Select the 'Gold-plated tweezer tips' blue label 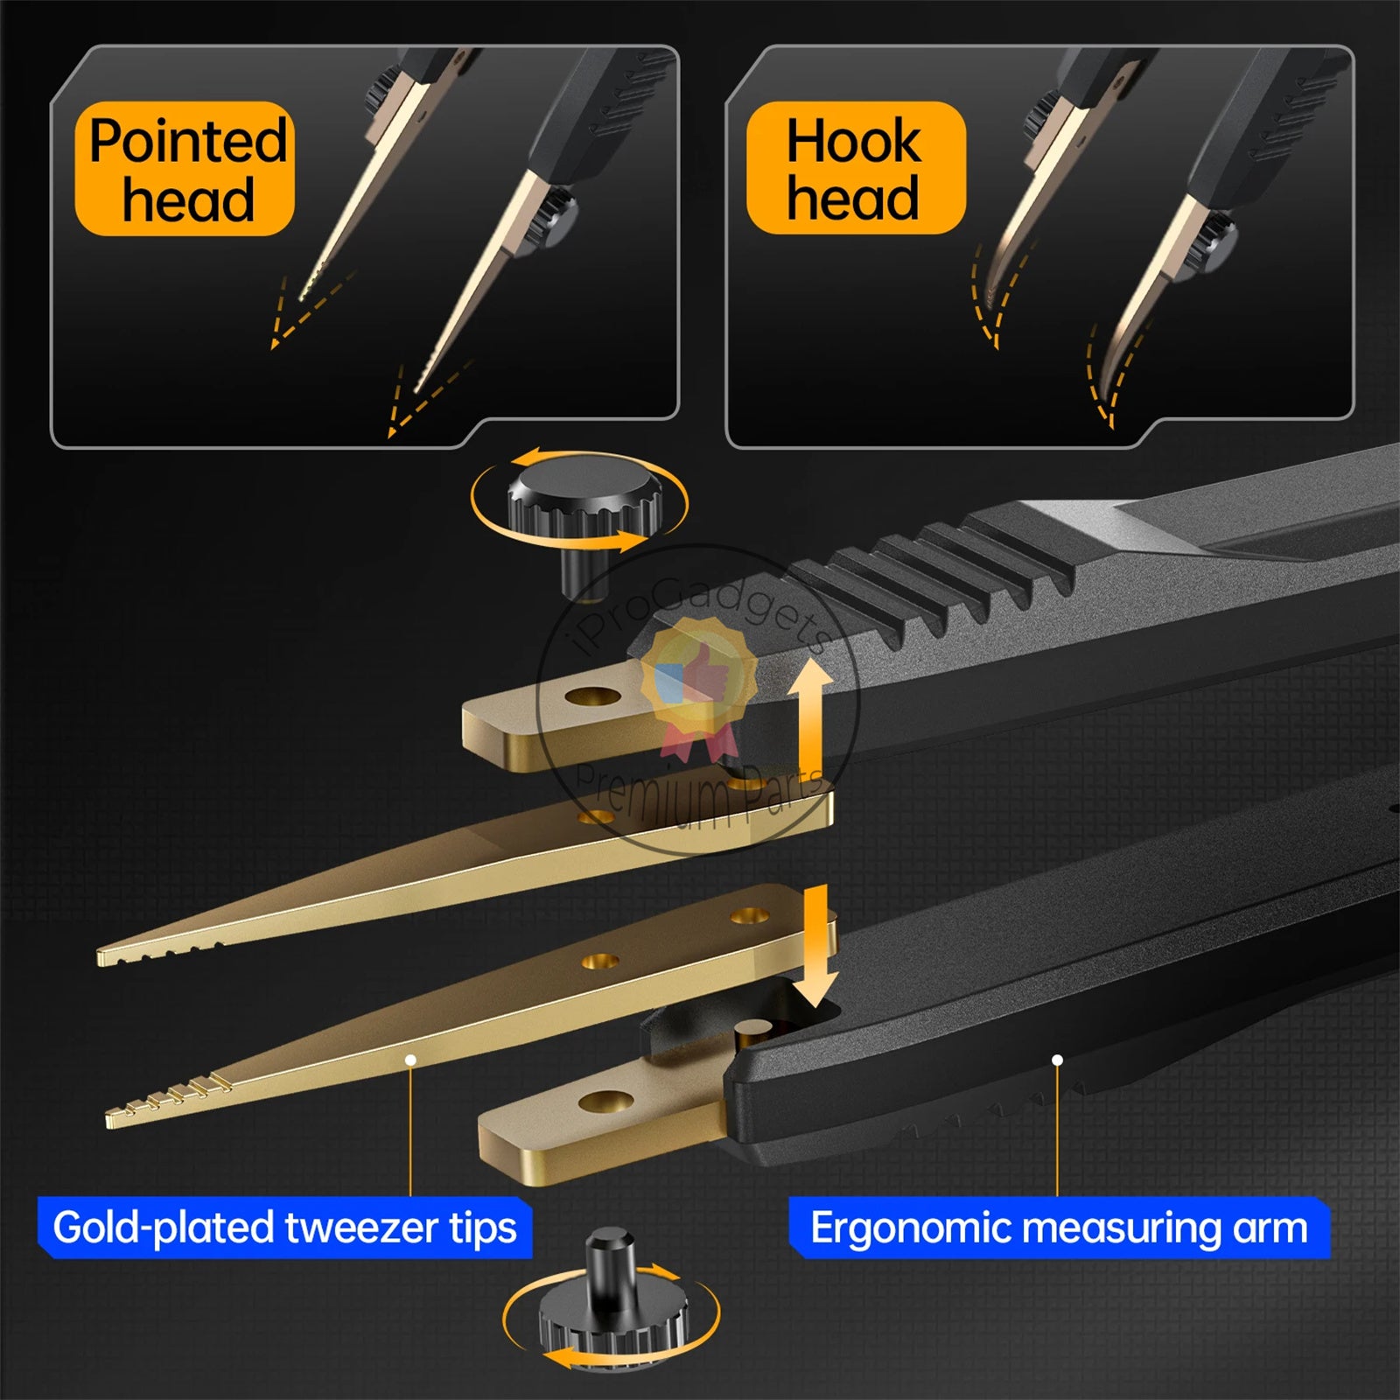pos(285,1227)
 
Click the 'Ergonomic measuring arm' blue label pos(1059,1227)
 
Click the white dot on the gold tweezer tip pos(410,1060)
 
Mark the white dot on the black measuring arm pos(1057,1060)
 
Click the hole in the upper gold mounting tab pos(594,697)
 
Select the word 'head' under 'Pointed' pos(188,199)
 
